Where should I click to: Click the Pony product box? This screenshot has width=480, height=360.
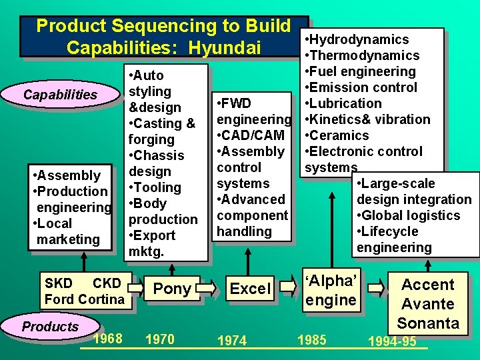coord(172,289)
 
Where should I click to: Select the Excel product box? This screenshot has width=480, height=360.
coord(250,289)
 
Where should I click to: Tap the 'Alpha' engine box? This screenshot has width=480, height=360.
coord(330,291)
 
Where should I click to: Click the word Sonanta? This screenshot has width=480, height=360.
coord(428,323)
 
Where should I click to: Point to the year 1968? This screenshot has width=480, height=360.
coord(108,339)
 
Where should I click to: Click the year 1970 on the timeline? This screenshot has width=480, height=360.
coord(159,339)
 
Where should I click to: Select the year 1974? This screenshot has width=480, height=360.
coord(232,341)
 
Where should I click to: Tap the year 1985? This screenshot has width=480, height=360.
coord(311,340)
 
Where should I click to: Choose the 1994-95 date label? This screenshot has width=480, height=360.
coord(392,341)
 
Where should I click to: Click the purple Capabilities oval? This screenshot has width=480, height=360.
coord(60,95)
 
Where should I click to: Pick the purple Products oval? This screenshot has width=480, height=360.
coord(50,327)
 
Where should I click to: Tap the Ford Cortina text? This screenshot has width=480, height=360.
coord(84,299)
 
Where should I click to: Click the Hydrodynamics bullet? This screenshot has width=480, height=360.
coord(359,39)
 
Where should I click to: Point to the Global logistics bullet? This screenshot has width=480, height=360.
coord(411,215)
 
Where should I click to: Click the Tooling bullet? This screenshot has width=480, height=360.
coord(157,187)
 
